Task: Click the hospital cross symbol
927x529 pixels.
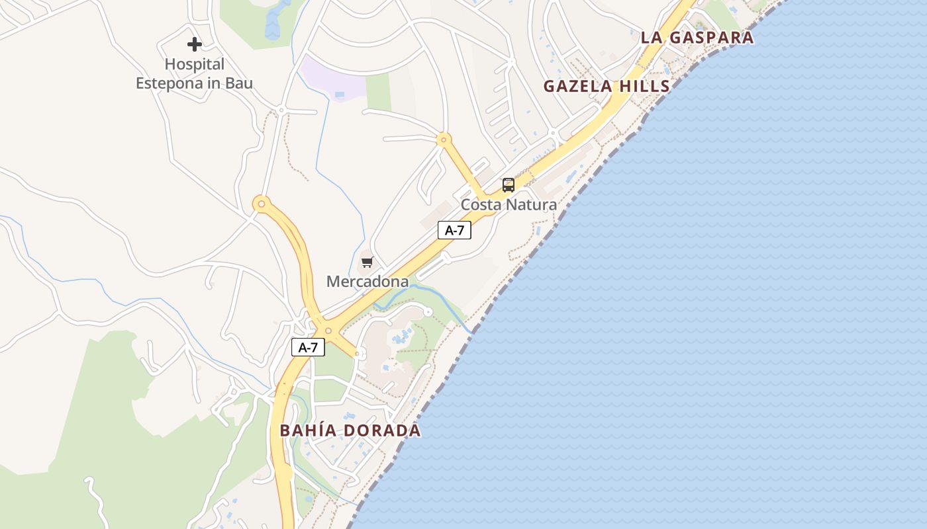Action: tap(194, 44)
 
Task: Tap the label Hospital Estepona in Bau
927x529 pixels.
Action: tap(194, 74)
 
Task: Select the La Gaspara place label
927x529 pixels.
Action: tap(697, 38)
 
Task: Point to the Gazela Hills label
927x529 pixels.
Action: tap(607, 87)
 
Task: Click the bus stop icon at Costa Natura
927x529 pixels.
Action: tap(508, 185)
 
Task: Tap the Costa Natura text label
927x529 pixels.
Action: tap(509, 205)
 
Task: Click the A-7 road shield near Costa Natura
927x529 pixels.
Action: tap(454, 231)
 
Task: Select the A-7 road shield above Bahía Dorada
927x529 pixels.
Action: tap(308, 348)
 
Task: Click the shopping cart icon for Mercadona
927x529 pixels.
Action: tap(367, 263)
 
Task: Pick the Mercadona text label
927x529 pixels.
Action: tap(367, 282)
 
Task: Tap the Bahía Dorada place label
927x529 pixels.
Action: tap(350, 430)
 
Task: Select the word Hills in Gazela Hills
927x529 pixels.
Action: tap(642, 87)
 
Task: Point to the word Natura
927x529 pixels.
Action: tap(532, 205)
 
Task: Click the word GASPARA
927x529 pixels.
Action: tap(711, 38)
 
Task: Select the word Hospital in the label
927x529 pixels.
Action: tap(194, 64)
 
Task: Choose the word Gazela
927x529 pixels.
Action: tap(574, 87)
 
